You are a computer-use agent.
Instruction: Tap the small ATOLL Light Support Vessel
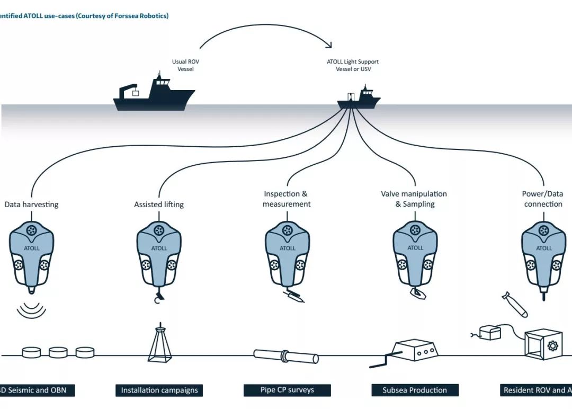360,99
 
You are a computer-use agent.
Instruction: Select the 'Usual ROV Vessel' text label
186,65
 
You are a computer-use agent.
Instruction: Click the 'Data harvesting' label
32,204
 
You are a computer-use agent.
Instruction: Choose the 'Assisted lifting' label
159,204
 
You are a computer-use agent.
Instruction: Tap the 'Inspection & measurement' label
287,199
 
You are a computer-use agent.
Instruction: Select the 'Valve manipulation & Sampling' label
414,199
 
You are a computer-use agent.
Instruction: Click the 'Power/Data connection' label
542,199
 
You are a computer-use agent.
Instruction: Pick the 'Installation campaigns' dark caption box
159,390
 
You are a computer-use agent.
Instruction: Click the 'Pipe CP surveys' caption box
287,390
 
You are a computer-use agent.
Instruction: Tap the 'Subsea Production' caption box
415,390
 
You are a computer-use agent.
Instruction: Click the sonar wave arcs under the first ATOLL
31,310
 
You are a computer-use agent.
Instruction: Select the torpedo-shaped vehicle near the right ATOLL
514,305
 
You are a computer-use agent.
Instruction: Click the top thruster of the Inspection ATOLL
288,230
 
